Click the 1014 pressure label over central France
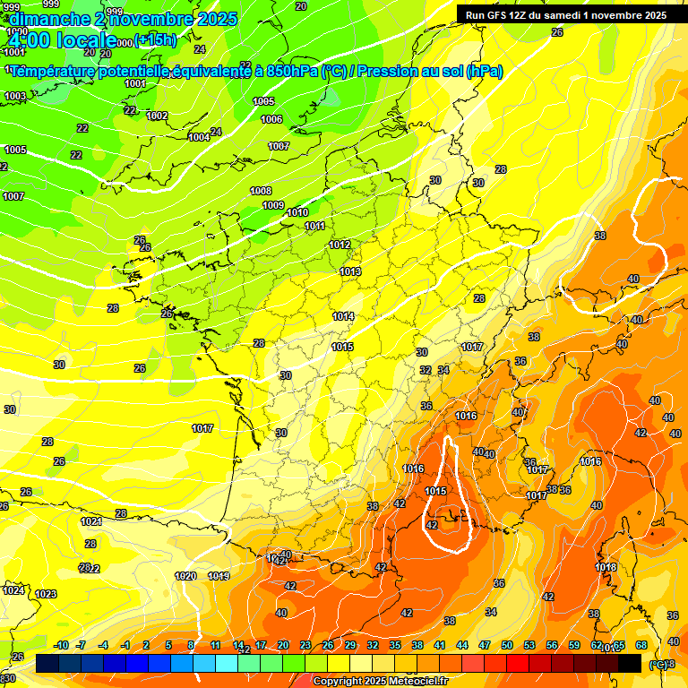(343, 316)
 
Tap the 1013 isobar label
(350, 271)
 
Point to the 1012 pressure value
(340, 245)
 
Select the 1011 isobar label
(315, 227)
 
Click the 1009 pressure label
(273, 205)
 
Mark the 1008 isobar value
(261, 191)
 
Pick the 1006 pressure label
(271, 119)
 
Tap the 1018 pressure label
(606, 567)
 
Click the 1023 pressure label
(46, 594)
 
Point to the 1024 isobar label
(13, 589)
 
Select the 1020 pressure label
(185, 576)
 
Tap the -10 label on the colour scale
(62, 645)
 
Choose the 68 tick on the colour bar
(641, 645)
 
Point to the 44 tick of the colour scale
(462, 645)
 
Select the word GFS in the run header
(500, 15)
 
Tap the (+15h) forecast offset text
(155, 40)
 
